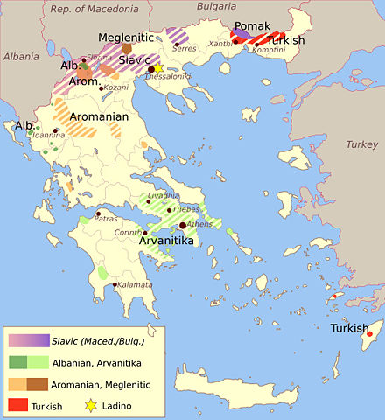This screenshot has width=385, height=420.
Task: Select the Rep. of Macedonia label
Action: click(x=94, y=10)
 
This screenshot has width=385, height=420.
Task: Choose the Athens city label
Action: click(x=199, y=225)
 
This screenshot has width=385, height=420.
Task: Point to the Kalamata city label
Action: click(x=134, y=285)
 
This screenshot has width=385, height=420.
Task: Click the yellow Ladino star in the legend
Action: click(x=89, y=403)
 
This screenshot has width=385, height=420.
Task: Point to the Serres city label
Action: click(x=185, y=49)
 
